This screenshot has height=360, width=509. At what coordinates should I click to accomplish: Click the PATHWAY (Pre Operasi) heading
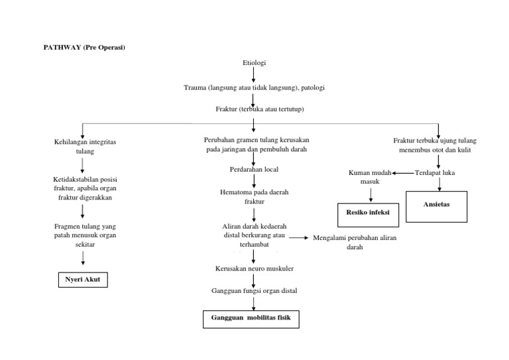coord(85,48)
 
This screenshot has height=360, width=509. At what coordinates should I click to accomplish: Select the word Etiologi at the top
coord(254,63)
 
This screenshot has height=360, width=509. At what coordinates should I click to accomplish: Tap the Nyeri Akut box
coord(83,280)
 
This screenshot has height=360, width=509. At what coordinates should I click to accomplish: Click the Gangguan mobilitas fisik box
coord(251,319)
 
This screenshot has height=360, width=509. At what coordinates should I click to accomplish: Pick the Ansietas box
coord(436,205)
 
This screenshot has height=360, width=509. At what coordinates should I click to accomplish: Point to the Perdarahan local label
coord(254,169)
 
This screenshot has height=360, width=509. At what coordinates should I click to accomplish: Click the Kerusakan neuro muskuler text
coord(254,269)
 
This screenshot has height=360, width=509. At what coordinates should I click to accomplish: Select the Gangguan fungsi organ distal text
coord(254,291)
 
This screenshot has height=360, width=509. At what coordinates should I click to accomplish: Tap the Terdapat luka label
coord(435,173)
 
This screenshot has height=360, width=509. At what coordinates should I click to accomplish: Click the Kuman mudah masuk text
coord(370,177)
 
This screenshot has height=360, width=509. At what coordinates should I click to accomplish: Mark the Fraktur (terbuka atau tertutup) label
coord(254,109)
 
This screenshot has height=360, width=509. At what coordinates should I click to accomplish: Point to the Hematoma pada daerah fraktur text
coord(254,196)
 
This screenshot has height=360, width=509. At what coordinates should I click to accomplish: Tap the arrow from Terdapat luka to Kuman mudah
coord(402,173)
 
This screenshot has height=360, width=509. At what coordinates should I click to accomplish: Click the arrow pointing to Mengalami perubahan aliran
coord(299,237)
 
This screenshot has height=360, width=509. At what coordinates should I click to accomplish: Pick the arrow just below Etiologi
coord(254,74)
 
